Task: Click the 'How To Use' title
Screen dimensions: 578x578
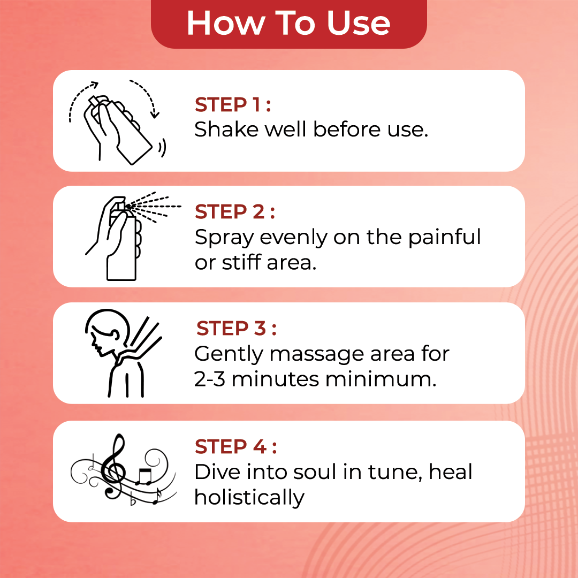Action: pyautogui.click(x=288, y=23)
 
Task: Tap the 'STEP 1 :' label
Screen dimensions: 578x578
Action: pyautogui.click(x=232, y=105)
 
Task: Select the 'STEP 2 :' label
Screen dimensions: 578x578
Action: pyautogui.click(x=234, y=212)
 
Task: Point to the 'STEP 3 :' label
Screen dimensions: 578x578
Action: pyautogui.click(x=236, y=329)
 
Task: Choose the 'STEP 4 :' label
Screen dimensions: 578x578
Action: pyautogui.click(x=235, y=446)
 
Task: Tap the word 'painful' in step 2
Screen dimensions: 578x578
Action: pyautogui.click(x=444, y=238)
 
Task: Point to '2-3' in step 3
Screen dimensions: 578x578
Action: pyautogui.click(x=210, y=379)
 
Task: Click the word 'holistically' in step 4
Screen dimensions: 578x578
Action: pyautogui.click(x=249, y=497)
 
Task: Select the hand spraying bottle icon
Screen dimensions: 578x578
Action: pyautogui.click(x=118, y=238)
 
